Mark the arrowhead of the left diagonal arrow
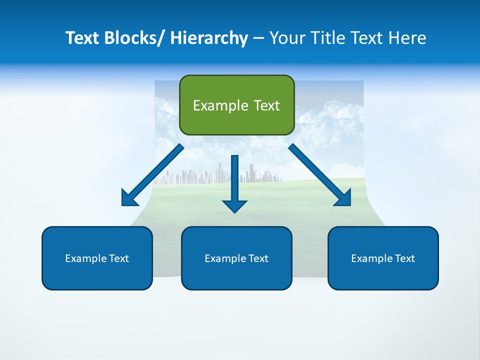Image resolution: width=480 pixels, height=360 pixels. pos(129,198)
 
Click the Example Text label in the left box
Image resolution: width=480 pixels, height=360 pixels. pos(97,258)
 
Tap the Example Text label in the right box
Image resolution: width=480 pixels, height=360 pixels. pos(383,258)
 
